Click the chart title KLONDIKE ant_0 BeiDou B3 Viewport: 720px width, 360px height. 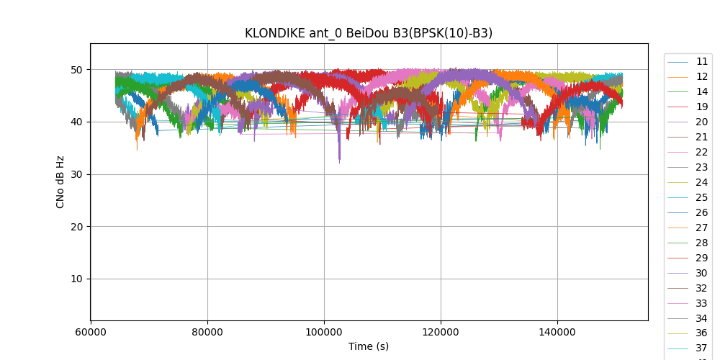[369, 33]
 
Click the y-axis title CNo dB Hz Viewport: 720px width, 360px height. [60, 182]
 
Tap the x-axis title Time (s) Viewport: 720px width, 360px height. [369, 346]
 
